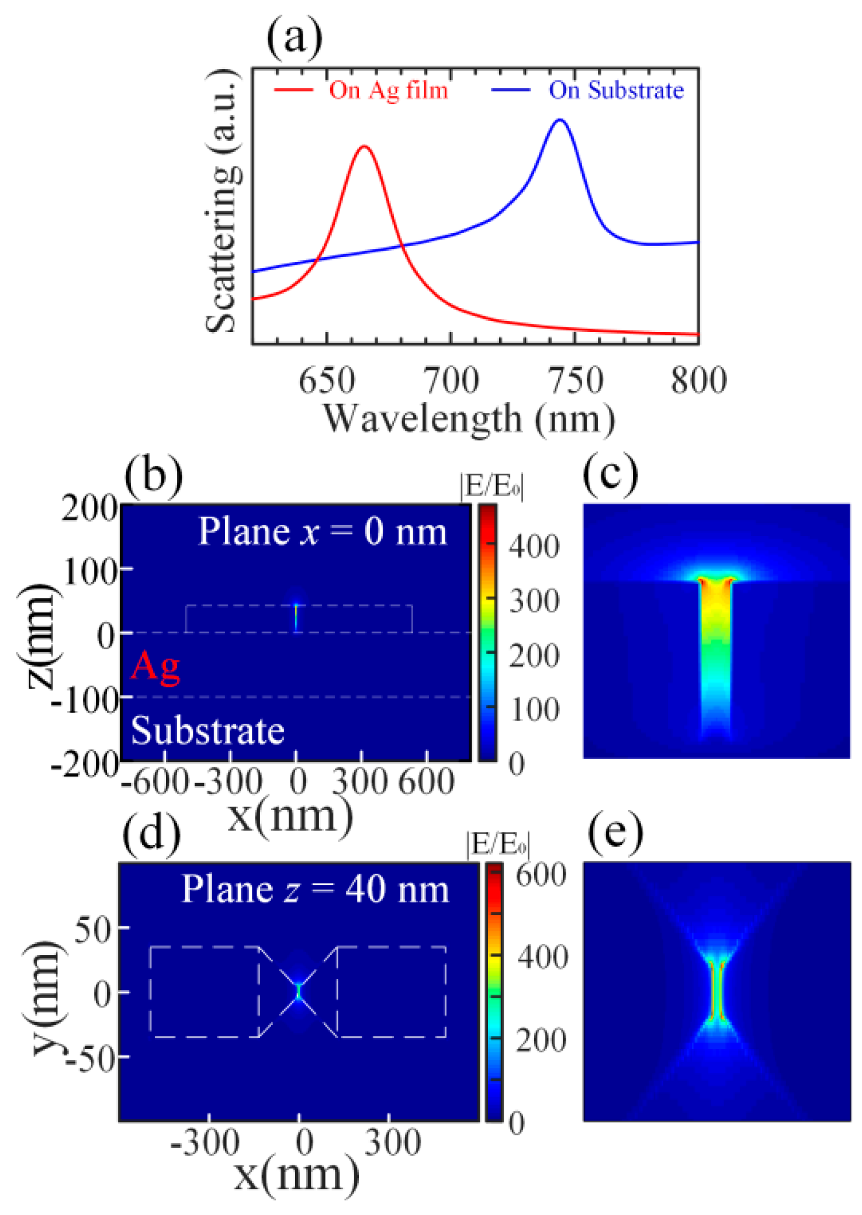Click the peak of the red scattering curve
pyautogui.click(x=364, y=146)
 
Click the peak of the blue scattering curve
pyautogui.click(x=560, y=120)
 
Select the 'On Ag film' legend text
pyautogui.click(x=388, y=91)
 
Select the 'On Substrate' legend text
pyautogui.click(x=616, y=91)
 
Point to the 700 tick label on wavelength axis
pyautogui.click(x=451, y=380)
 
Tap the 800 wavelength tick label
pyautogui.click(x=698, y=380)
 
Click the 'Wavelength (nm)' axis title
pyautogui.click(x=469, y=419)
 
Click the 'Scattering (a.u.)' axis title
pyautogui.click(x=223, y=202)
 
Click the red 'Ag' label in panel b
pyautogui.click(x=155, y=666)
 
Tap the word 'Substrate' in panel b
pyautogui.click(x=207, y=731)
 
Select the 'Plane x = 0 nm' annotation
pyautogui.click(x=323, y=532)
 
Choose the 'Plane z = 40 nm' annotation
pyautogui.click(x=316, y=889)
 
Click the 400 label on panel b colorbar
pyautogui.click(x=534, y=547)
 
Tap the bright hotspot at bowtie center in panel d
pyautogui.click(x=299, y=991)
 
